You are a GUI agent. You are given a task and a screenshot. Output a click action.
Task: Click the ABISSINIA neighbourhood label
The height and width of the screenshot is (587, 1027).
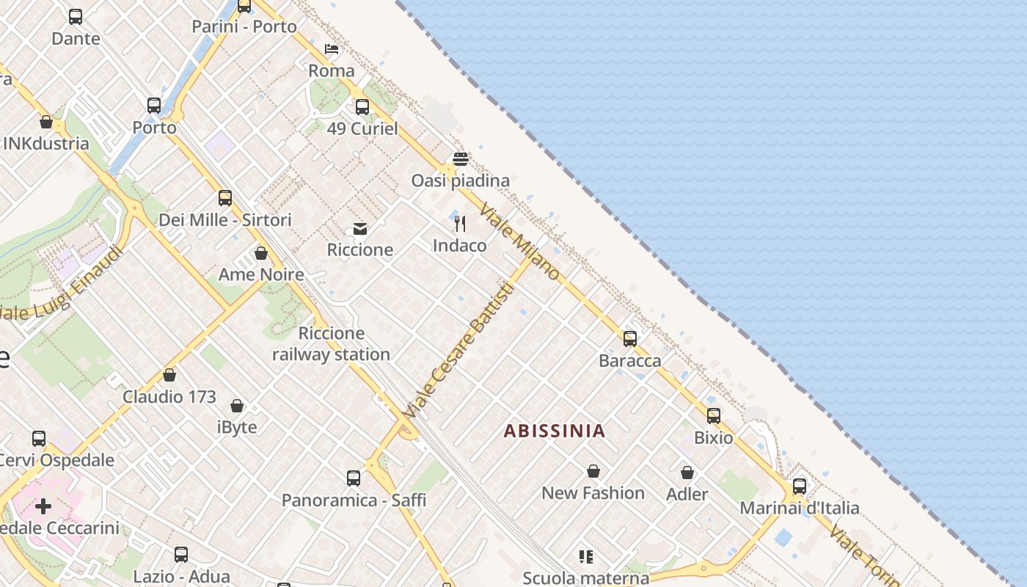(555, 431)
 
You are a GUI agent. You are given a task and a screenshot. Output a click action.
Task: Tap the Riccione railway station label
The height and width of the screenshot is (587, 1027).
(331, 344)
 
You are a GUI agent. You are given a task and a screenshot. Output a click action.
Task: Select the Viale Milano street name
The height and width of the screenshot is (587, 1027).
(520, 242)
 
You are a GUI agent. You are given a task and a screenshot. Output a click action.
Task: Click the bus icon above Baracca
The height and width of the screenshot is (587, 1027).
(629, 339)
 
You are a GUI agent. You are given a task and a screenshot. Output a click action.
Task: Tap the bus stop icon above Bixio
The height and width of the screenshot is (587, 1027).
(714, 416)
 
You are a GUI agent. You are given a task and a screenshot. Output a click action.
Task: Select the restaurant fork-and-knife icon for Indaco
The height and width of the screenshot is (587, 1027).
(460, 224)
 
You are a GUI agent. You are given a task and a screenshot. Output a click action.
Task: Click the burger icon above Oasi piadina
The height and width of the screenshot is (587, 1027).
(461, 159)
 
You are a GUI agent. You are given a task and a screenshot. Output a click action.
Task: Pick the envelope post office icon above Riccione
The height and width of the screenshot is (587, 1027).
(360, 228)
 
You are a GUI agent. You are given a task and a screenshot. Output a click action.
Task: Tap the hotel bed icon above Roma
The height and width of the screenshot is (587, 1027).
(332, 49)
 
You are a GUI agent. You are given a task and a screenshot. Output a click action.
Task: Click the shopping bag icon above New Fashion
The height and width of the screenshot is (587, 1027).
(593, 471)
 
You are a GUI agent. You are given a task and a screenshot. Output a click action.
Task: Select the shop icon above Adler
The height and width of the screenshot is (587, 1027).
(687, 473)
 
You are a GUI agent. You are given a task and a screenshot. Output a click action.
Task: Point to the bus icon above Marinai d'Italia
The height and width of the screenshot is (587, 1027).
(800, 486)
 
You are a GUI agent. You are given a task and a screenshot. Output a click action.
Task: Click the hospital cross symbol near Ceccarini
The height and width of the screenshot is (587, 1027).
(43, 506)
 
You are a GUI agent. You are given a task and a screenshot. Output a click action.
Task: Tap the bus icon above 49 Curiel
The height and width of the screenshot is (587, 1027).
(362, 107)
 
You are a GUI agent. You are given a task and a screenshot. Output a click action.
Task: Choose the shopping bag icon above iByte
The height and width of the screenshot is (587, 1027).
(237, 406)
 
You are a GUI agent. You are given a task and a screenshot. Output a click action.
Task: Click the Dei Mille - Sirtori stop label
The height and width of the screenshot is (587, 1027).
(225, 219)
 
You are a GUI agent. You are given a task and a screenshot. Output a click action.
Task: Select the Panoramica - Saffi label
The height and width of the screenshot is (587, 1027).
(354, 500)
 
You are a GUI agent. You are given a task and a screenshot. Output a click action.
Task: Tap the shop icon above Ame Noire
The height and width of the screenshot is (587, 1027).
(261, 253)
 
